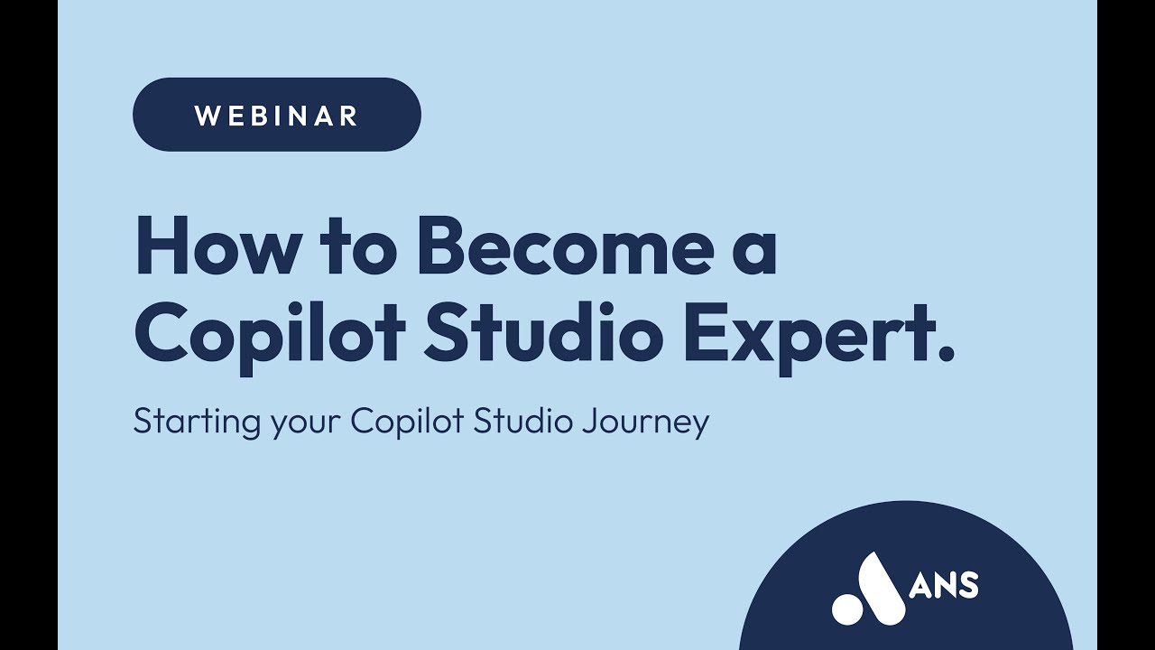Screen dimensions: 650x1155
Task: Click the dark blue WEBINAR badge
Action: pos(276,115)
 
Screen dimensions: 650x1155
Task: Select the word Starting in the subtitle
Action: pos(197,422)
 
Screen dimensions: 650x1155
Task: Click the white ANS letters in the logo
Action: pos(945,586)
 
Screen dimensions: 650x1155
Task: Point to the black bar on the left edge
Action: pos(28,325)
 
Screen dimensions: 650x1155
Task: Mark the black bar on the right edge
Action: pos(1126,325)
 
